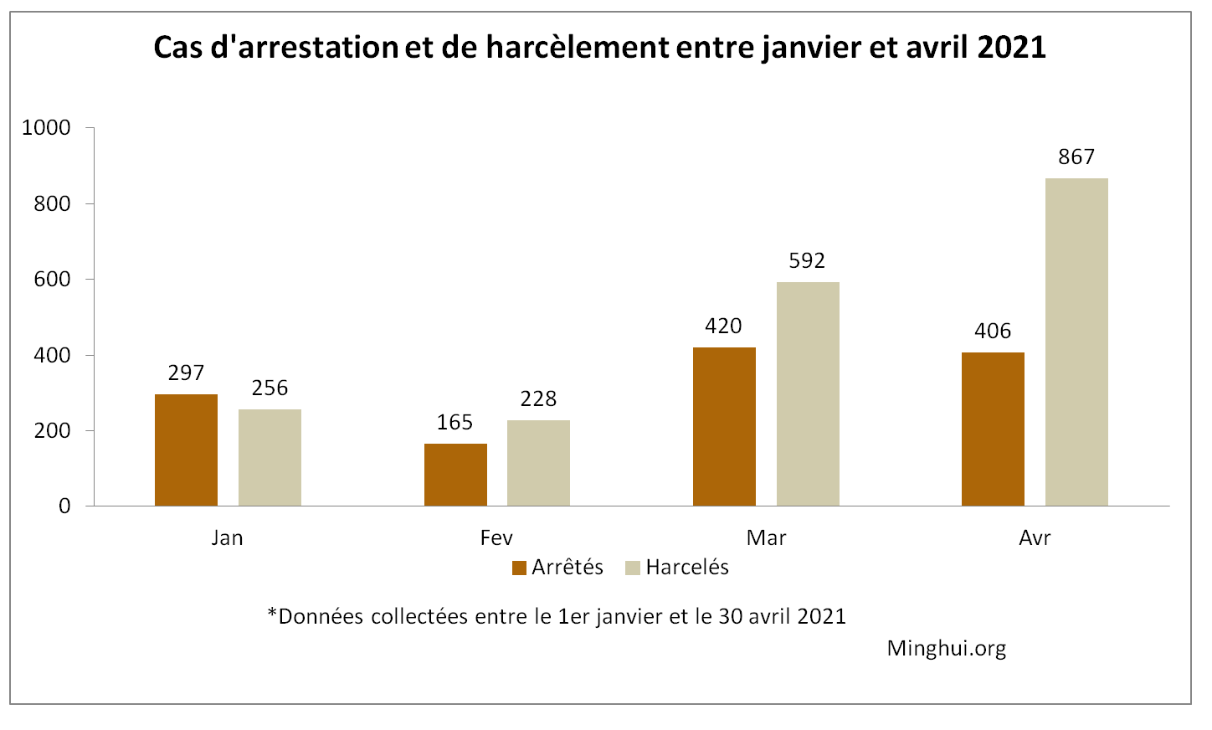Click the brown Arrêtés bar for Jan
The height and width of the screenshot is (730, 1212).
[186, 450]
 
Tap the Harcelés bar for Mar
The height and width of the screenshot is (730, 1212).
[808, 393]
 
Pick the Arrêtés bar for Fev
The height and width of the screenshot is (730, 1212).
[455, 475]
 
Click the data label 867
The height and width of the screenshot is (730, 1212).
[1076, 157]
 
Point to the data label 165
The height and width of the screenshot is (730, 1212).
[454, 423]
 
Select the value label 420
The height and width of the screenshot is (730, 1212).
[723, 326]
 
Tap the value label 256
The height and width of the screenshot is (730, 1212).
[270, 388]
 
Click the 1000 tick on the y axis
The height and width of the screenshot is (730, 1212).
[46, 128]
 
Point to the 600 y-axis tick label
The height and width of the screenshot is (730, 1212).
[52, 280]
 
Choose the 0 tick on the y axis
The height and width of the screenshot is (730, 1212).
[64, 506]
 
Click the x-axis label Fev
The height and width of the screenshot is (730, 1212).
[496, 537]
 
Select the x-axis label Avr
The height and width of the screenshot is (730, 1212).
[1035, 537]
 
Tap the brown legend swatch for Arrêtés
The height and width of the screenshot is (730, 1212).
[519, 568]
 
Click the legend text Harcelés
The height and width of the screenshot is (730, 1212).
[687, 568]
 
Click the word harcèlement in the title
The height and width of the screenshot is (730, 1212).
[578, 48]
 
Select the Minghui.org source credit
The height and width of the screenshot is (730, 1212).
[947, 649]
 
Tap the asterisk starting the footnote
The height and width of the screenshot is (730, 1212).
[272, 614]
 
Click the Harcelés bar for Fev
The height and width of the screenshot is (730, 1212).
[538, 463]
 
